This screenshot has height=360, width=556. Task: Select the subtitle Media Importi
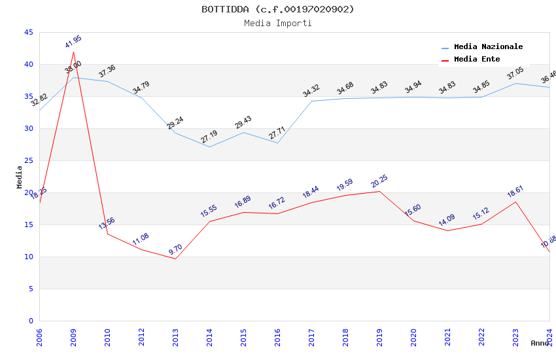tap(277, 23)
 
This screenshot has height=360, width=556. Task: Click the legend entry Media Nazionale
tap(488, 47)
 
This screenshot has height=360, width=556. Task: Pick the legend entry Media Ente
tap(477, 60)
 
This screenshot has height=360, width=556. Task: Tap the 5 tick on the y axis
tap(30, 289)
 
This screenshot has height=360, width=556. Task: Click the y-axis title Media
tap(20, 177)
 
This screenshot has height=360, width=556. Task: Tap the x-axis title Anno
tap(540, 343)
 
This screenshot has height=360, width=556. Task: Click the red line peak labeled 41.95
tap(73, 52)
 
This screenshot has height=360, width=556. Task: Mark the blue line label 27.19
tap(209, 137)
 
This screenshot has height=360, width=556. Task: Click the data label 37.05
tap(515, 73)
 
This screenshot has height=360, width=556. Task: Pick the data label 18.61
tap(515, 192)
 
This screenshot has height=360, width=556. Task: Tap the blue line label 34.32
tap(311, 91)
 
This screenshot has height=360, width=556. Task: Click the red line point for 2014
tap(209, 221)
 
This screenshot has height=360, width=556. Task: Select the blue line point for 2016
tap(277, 143)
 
